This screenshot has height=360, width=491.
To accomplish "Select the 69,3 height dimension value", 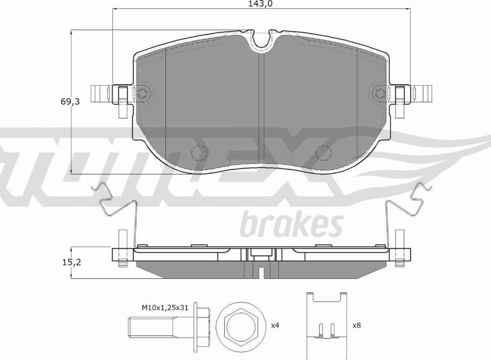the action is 70,101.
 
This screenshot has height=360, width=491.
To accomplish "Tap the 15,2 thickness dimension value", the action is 71,262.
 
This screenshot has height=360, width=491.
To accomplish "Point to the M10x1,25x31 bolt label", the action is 165,308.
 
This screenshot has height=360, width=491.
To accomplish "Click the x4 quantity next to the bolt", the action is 274,325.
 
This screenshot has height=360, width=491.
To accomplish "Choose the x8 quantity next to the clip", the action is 357,325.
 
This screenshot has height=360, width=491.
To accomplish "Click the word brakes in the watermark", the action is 292,224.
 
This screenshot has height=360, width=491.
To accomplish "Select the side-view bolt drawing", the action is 170,326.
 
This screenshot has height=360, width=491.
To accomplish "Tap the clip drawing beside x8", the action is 327,326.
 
